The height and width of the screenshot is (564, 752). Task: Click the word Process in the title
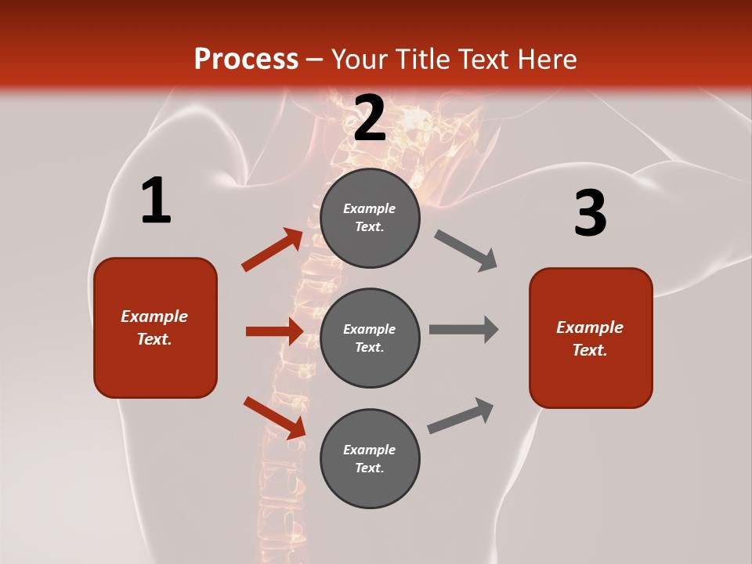tap(246, 60)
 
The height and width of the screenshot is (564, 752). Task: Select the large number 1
tap(155, 201)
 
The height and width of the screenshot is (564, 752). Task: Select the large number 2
tap(370, 118)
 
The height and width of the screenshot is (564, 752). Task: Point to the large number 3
tap(590, 214)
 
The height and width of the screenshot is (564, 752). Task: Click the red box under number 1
tap(155, 327)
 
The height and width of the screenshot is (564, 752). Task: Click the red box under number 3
tap(591, 338)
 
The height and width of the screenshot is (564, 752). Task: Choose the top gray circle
tap(370, 218)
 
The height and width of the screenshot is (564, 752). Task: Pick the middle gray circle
tap(370, 338)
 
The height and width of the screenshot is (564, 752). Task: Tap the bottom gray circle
tap(370, 458)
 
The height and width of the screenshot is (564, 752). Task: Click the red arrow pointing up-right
tap(273, 250)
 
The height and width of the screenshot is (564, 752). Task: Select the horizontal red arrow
tap(274, 331)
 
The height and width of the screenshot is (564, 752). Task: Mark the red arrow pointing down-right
tap(274, 418)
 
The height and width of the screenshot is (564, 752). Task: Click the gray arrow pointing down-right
tap(466, 251)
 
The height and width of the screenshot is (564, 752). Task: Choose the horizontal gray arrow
tap(464, 329)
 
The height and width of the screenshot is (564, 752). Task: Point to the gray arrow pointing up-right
tap(461, 416)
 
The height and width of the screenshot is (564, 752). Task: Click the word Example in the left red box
tap(154, 316)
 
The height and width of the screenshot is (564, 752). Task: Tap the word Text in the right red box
tap(589, 350)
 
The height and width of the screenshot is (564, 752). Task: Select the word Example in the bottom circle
tap(370, 450)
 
